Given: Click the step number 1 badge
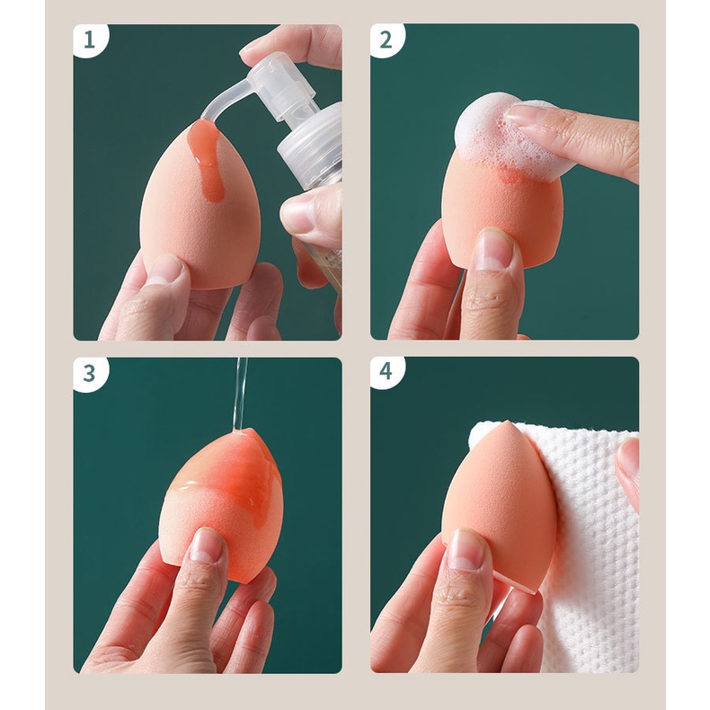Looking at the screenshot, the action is tap(91, 40).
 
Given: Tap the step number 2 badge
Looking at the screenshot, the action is tap(386, 40).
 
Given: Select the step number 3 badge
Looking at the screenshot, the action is tap(91, 373).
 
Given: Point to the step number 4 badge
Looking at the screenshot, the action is tap(386, 371).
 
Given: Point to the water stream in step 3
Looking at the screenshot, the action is tap(240, 393).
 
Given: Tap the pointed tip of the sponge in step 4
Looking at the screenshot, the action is tap(509, 422).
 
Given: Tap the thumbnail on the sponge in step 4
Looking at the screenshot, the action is tap(466, 548).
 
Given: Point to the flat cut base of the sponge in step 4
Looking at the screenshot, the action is tap(516, 584).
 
